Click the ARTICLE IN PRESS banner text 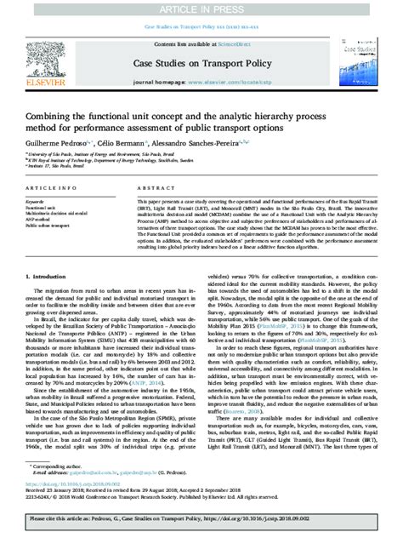pos(201,7)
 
